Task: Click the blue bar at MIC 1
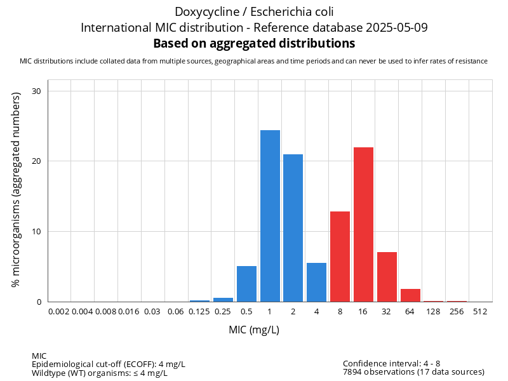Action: click(270, 216)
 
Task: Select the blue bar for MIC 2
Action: click(293, 228)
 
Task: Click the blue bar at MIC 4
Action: click(316, 282)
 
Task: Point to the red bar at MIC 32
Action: click(387, 277)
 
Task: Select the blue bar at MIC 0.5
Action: click(246, 284)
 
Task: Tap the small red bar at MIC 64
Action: click(410, 295)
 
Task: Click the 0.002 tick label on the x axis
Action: click(59, 312)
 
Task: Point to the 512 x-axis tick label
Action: click(481, 312)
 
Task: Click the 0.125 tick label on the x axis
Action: click(199, 312)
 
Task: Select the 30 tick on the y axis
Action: click(37, 91)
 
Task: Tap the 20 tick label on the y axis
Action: click(37, 161)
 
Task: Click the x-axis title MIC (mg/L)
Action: click(254, 330)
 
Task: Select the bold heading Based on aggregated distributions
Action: click(254, 43)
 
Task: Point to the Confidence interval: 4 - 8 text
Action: click(391, 363)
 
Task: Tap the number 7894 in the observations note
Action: click(354, 371)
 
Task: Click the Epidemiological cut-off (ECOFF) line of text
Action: click(109, 364)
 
